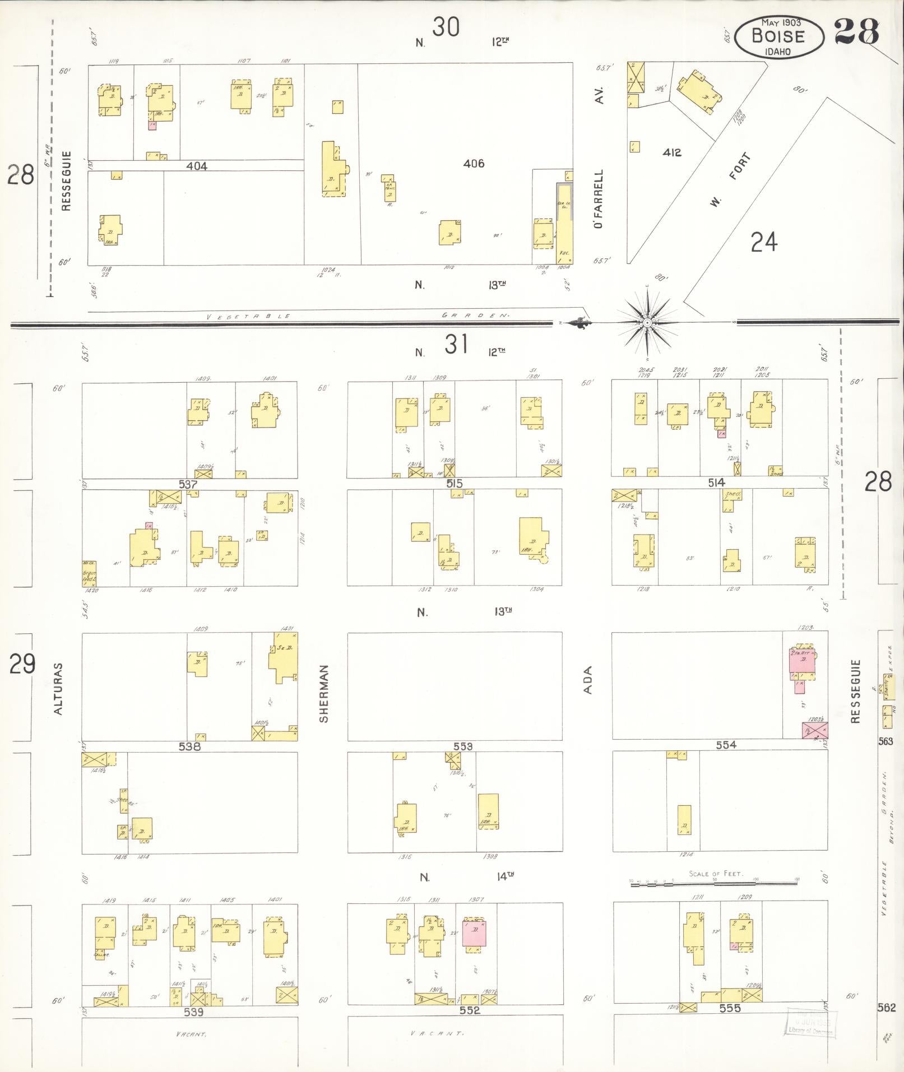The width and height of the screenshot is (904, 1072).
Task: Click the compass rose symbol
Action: (x=647, y=323)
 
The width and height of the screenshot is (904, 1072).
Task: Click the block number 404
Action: (x=197, y=166)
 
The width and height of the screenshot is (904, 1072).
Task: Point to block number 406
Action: (x=474, y=164)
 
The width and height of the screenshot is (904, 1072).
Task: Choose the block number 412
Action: (x=671, y=152)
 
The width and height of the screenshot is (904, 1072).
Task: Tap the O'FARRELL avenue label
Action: (x=599, y=199)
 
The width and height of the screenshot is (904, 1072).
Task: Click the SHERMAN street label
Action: (x=323, y=693)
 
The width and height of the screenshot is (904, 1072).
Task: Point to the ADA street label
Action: (x=587, y=680)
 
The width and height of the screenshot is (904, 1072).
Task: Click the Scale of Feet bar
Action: (x=713, y=883)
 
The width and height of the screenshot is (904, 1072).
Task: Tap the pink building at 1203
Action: (x=801, y=661)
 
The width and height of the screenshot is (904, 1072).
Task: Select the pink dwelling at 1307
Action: (x=474, y=934)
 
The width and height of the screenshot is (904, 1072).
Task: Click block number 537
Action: (x=187, y=484)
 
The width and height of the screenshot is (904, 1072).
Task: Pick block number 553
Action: (x=463, y=746)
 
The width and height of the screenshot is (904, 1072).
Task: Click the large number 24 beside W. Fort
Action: (x=764, y=243)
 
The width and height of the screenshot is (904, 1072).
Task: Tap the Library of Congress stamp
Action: (x=809, y=1022)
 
